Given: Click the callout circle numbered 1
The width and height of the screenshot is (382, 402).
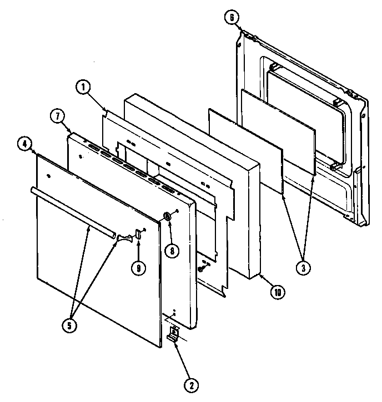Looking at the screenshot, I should (82, 86).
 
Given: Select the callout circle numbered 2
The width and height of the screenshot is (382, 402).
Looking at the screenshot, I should (190, 383).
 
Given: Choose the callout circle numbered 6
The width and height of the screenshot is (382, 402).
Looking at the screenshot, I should (230, 17).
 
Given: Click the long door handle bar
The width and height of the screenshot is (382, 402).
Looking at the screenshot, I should (72, 213).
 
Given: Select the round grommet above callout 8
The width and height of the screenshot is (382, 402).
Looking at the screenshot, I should (166, 216).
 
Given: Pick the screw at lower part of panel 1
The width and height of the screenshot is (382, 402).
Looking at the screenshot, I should (200, 269).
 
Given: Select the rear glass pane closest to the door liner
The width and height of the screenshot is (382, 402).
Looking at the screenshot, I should (278, 130).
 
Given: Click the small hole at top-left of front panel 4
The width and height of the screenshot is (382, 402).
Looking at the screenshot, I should (50, 177).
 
